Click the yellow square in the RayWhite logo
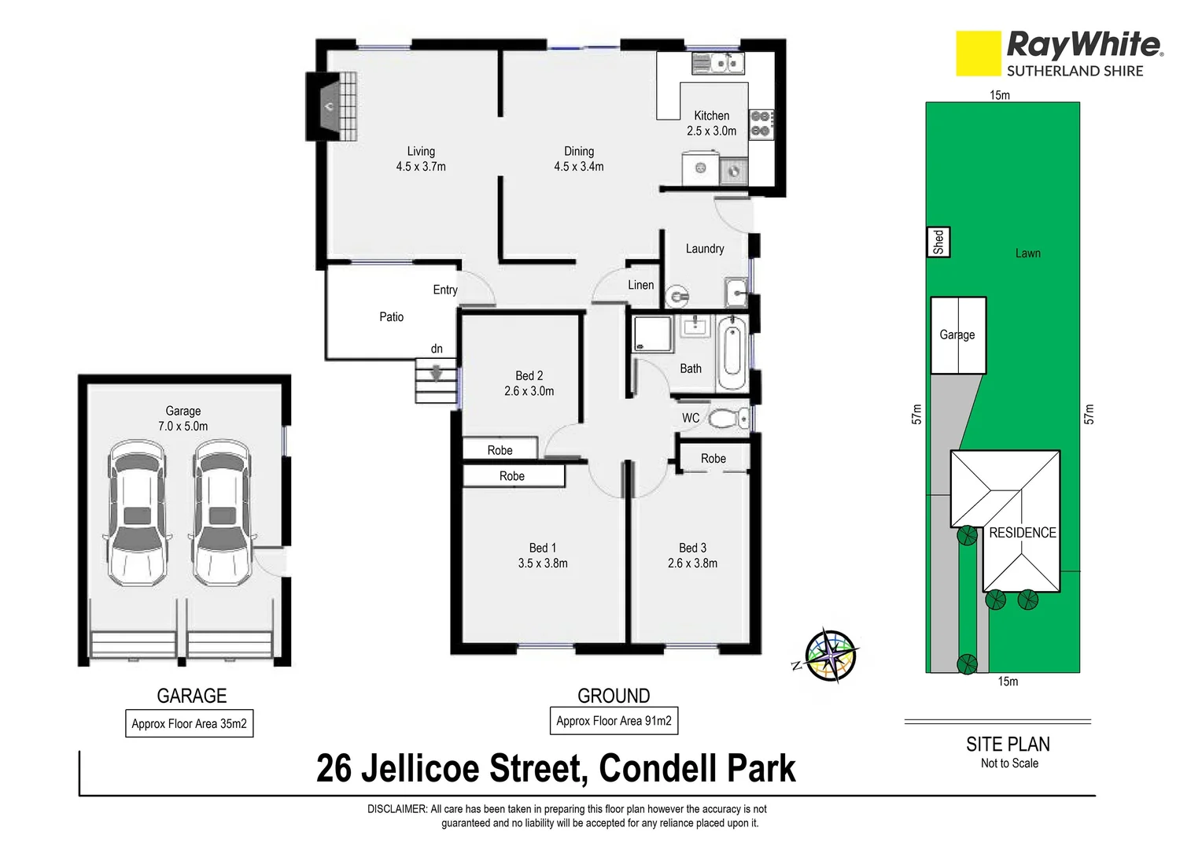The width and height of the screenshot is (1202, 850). pos(978,54)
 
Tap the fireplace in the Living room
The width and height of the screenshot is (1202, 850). pos(331,106)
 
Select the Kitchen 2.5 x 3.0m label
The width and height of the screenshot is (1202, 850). pos(711,124)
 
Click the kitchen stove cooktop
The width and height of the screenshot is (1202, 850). pos(761,124)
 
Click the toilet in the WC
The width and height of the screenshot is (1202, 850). pos(728,418)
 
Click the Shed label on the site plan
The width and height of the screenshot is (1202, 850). pos(938,242)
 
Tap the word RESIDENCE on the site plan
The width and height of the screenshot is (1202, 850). pos(1022,533)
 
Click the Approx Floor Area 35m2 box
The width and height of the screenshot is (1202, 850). pos(189,724)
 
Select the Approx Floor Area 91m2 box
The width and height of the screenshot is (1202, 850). pos(614,721)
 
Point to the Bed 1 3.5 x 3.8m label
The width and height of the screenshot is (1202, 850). pos(542,556)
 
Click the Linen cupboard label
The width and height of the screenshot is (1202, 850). pos(640,285)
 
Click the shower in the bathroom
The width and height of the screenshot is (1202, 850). pos(653,334)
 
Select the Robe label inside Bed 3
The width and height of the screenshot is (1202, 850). pos(713,458)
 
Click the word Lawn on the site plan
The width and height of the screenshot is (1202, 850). pos(1027,253)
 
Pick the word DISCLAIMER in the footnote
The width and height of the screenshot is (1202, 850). pos(396,809)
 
